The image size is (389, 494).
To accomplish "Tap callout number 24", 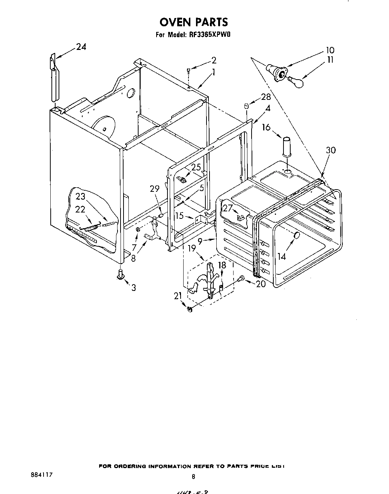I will (x=81, y=47).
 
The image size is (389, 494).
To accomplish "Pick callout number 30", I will (x=330, y=150).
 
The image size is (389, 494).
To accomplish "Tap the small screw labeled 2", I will (x=188, y=70).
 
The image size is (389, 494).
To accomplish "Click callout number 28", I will (x=266, y=97).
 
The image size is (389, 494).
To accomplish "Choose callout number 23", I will (x=81, y=196).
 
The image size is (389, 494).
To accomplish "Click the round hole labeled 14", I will (x=296, y=236).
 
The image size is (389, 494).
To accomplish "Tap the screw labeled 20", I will (x=241, y=278).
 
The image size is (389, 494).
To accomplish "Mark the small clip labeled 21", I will (x=189, y=309).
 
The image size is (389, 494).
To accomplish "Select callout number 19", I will (x=192, y=248).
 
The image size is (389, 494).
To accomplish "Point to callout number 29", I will (x=155, y=189).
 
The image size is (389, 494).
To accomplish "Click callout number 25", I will (x=196, y=167).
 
